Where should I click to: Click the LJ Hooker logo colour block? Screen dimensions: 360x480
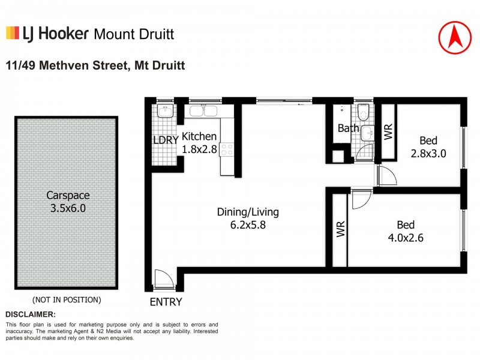click(x=11, y=33)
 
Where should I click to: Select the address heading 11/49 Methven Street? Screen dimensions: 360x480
click(x=95, y=64)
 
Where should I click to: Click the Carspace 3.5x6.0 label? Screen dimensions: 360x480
click(x=66, y=201)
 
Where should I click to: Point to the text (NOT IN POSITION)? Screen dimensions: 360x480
click(x=66, y=299)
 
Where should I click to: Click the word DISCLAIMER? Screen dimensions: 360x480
click(x=31, y=314)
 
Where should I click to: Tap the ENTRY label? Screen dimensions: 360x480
click(x=166, y=302)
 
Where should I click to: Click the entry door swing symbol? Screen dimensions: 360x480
click(x=163, y=280)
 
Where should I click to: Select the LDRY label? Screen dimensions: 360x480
click(x=165, y=142)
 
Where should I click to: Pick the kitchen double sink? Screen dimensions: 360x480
click(x=203, y=110)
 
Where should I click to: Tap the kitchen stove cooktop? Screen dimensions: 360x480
click(x=227, y=149)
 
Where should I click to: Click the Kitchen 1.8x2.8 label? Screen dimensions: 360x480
click(x=199, y=143)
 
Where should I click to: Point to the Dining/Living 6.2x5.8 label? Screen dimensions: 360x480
click(x=248, y=218)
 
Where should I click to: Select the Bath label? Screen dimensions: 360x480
click(x=348, y=128)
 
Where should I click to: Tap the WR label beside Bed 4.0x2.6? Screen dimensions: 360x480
click(x=340, y=230)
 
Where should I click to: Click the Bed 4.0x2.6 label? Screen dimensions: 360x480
click(x=406, y=231)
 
